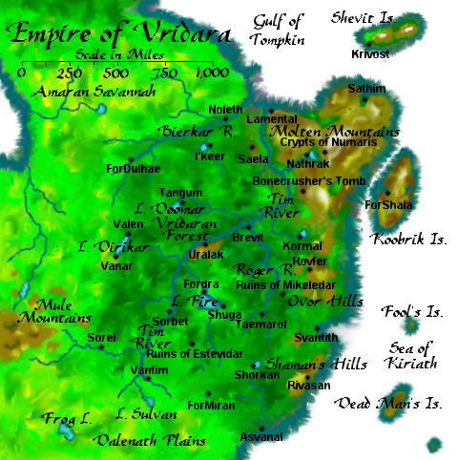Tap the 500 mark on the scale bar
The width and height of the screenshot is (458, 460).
coord(114,73)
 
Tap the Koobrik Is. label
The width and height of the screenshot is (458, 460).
coord(408,240)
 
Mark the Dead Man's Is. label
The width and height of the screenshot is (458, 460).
coord(389,404)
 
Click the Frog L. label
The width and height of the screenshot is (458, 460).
coord(66,418)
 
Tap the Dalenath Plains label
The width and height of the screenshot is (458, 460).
coord(140,440)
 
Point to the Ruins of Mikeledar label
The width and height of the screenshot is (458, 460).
coord(280,283)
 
